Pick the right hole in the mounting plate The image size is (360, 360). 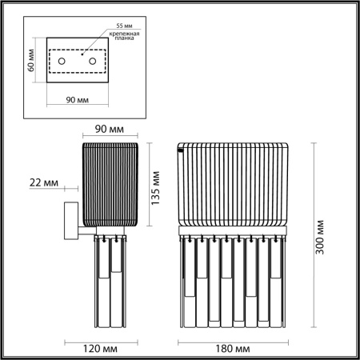[x=92, y=62]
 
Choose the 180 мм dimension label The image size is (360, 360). [x=233, y=349]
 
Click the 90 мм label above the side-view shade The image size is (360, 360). [x=111, y=128]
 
